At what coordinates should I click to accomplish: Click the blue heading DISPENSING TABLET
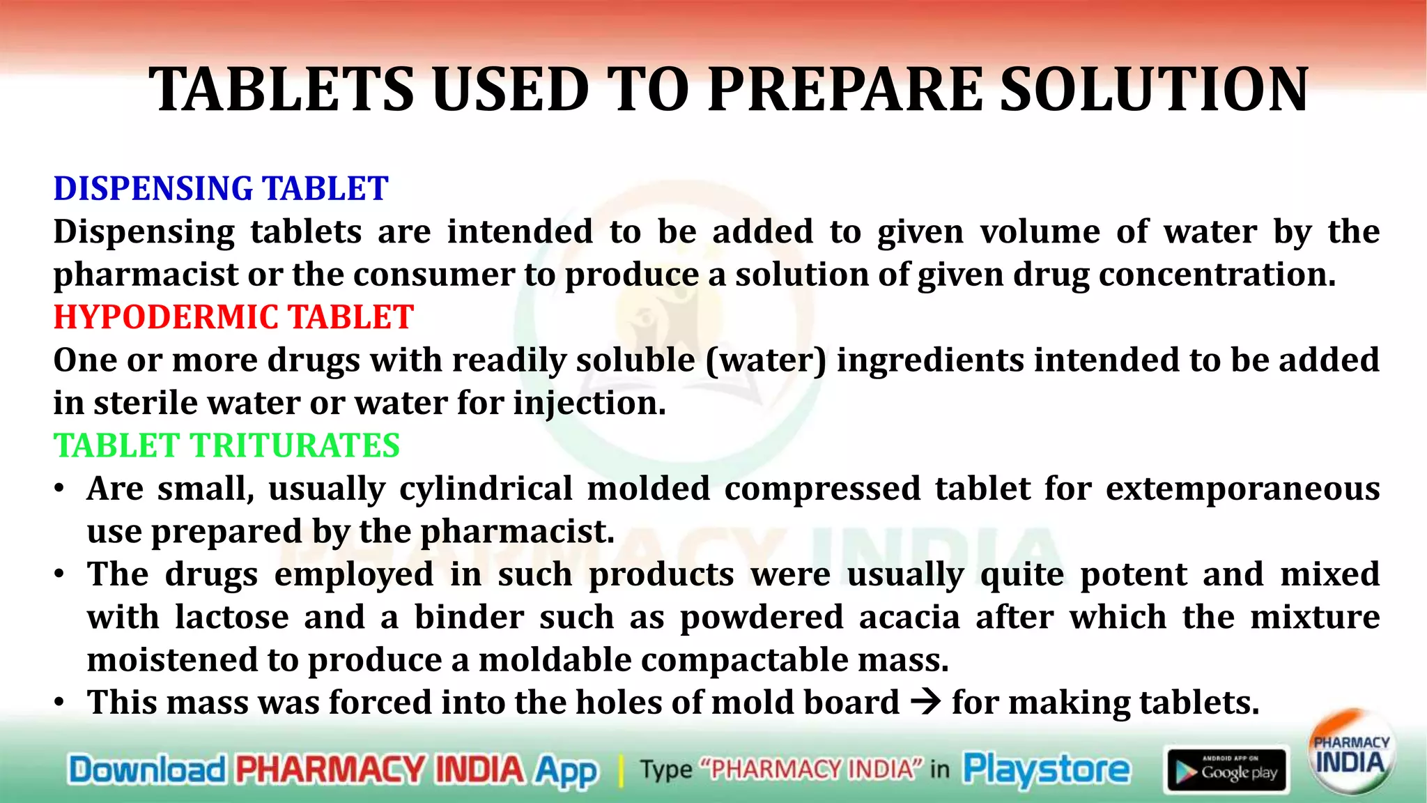point(221,189)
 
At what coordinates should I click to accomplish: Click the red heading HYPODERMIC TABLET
point(233,317)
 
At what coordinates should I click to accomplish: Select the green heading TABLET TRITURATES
point(226,445)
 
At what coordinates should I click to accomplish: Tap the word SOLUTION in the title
point(1154,90)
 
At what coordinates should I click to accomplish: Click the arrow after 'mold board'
point(926,701)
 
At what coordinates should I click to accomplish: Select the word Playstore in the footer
point(1047,770)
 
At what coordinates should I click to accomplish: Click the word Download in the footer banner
point(147,770)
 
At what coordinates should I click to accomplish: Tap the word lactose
point(231,617)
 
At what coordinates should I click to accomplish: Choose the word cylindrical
point(486,489)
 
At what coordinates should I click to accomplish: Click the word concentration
point(1217,275)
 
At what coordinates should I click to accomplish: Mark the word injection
point(589,404)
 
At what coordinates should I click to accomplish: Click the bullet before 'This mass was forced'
point(61,702)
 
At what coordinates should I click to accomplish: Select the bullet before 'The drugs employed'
point(61,574)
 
